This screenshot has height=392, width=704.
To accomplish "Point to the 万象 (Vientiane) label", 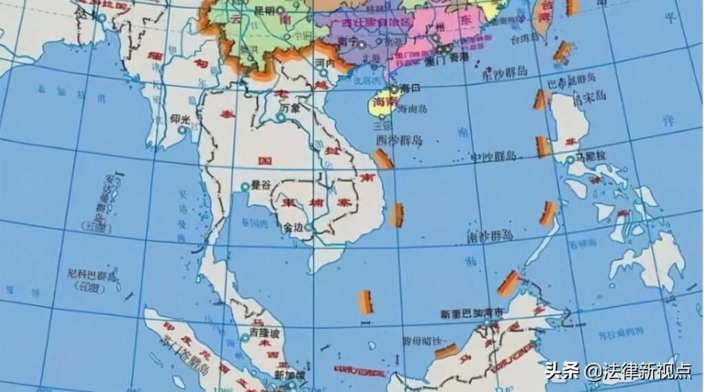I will click(x=291, y=109).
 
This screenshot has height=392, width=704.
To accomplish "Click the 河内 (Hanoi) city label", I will click(x=324, y=62).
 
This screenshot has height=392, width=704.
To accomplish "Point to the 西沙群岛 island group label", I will click(x=399, y=140).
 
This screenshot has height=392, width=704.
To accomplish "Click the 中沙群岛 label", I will click(x=493, y=157).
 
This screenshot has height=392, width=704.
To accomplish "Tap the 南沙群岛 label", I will click(x=490, y=235).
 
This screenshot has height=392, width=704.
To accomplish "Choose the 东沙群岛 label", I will click(x=505, y=72).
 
